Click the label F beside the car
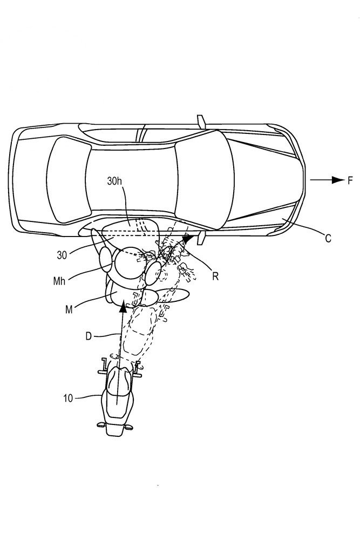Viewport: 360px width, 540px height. (x=350, y=180)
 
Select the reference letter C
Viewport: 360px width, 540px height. (x=328, y=238)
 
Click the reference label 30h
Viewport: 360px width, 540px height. (x=114, y=181)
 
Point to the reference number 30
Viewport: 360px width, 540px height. (x=62, y=255)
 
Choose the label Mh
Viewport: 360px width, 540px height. (x=59, y=281)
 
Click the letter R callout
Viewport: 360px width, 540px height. (x=215, y=276)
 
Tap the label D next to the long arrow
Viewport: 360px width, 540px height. (x=89, y=336)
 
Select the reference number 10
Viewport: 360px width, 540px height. (x=68, y=399)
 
